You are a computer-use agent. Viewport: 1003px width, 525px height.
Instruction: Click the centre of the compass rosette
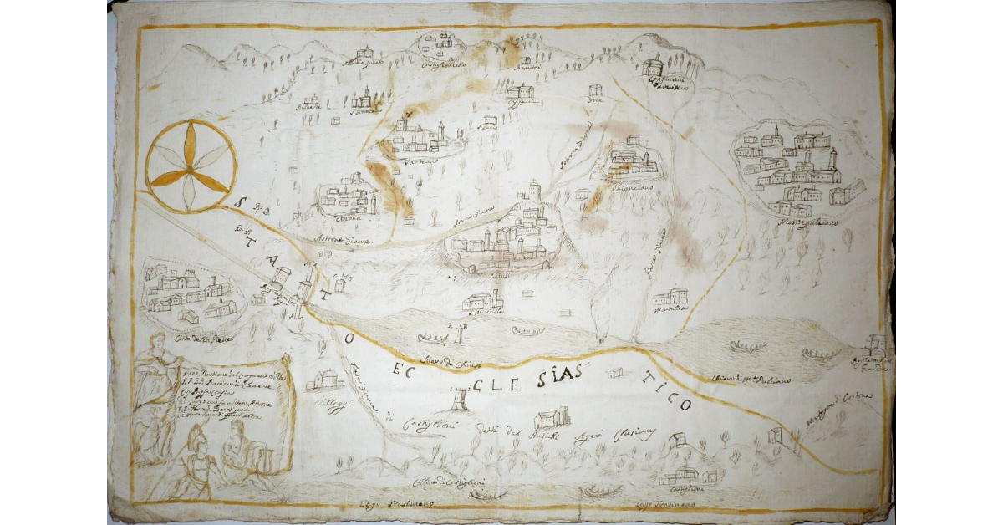pyautogui.click(x=191, y=165)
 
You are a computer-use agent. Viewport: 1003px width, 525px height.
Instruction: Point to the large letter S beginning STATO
pyautogui.click(x=241, y=201)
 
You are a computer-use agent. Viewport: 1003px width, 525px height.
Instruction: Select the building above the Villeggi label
pyautogui.click(x=326, y=380)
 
